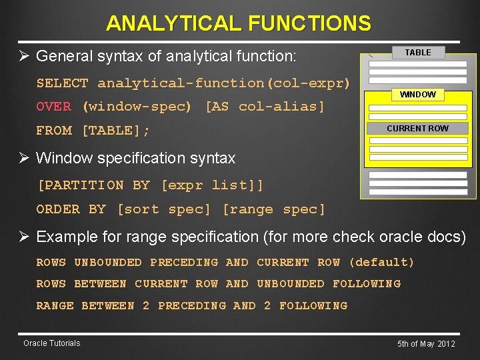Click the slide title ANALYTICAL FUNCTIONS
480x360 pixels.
coord(239,24)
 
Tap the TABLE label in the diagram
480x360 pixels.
coord(417,53)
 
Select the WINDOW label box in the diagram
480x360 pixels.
coord(417,95)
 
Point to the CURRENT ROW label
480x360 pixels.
coord(417,128)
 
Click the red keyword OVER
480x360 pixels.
coord(53,107)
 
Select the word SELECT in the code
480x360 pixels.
coord(62,83)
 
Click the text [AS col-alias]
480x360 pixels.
coord(265,107)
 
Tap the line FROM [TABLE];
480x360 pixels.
coord(93,131)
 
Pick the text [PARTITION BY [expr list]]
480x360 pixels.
coord(150,185)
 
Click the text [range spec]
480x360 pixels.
coord(274,209)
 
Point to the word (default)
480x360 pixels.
coord(381,263)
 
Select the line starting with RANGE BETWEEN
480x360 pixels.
coord(192,306)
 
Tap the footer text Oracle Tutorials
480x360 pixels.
coord(51,343)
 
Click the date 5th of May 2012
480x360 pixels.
coord(426,344)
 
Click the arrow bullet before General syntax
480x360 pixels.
coord(24,56)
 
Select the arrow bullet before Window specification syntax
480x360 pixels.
coord(24,159)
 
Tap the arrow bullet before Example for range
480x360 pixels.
coord(24,237)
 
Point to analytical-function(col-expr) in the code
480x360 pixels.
coord(223,83)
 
